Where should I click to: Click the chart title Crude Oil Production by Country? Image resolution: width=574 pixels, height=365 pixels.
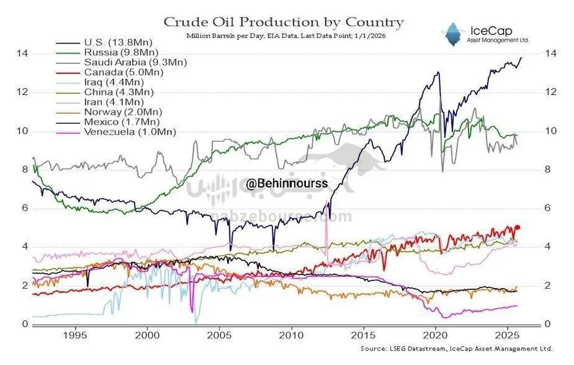coord(284,22)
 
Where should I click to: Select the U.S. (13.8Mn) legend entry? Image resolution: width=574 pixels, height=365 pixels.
coord(113,42)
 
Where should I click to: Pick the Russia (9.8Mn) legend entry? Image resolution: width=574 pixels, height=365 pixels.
coord(121,52)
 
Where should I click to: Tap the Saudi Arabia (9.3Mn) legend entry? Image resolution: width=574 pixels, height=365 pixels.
coord(135,62)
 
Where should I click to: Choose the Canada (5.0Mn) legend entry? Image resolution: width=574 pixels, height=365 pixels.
coord(123,72)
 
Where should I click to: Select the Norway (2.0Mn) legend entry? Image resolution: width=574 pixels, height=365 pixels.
coord(122,112)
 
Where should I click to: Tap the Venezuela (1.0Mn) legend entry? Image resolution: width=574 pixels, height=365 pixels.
coord(130,132)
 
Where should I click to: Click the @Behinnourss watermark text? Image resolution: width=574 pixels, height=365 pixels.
coord(287,183)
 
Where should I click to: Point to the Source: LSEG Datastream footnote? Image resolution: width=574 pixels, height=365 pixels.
coord(457,349)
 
